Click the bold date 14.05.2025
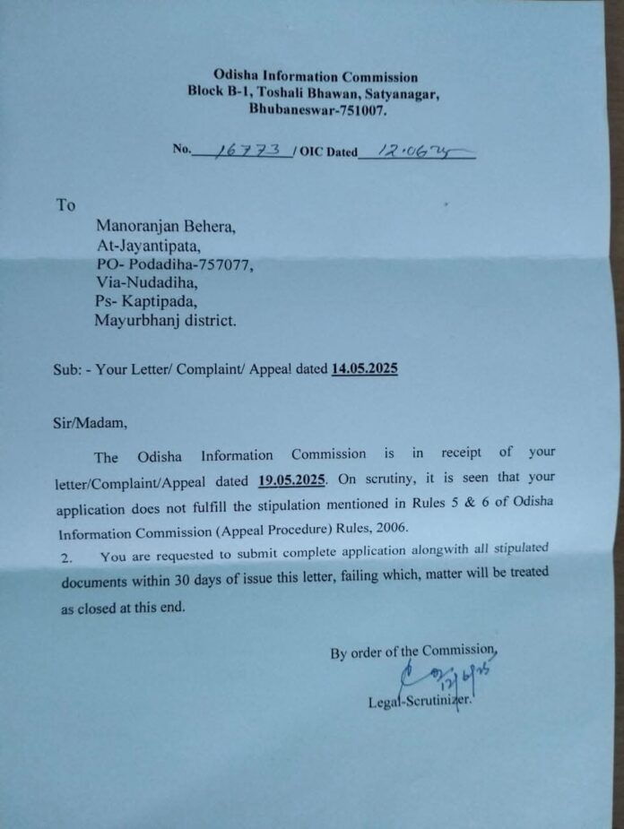[365, 368]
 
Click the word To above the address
[66, 205]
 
